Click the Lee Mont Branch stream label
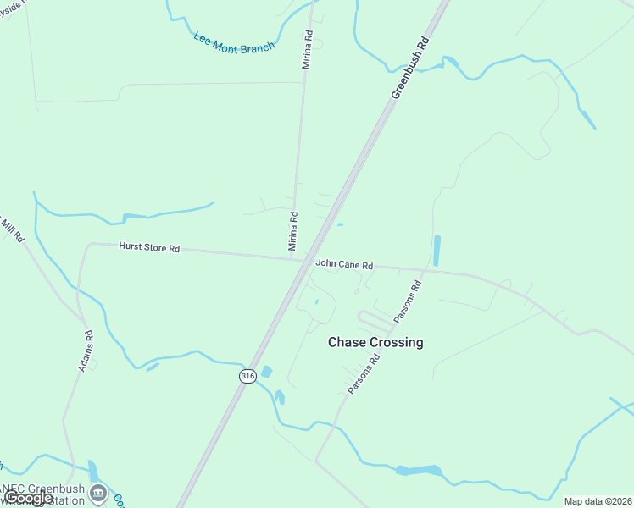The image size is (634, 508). (x=234, y=42)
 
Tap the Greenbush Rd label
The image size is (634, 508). (x=411, y=68)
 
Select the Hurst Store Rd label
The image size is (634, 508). (x=149, y=248)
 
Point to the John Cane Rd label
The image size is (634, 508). (x=344, y=265)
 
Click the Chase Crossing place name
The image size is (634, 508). (x=375, y=342)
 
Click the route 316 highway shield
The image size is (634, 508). (x=247, y=376)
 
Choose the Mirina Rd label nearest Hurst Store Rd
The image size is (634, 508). (x=293, y=230)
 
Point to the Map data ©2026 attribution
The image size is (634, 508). (x=597, y=501)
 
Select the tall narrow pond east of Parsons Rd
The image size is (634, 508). (x=437, y=251)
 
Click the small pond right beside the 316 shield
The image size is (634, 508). (x=267, y=372)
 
